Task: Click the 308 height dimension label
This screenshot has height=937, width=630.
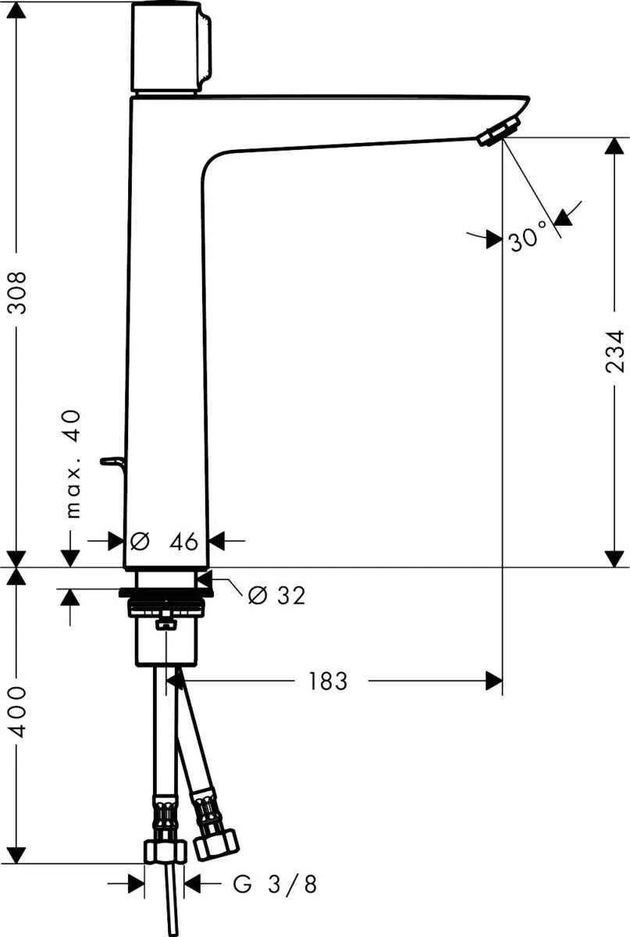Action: point(17,292)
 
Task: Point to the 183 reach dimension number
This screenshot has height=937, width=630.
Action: point(329,681)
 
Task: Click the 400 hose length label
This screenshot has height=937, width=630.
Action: point(17,712)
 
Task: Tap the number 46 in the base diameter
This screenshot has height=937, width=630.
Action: point(183,540)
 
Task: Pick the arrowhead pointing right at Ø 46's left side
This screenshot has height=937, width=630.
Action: point(116,540)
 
